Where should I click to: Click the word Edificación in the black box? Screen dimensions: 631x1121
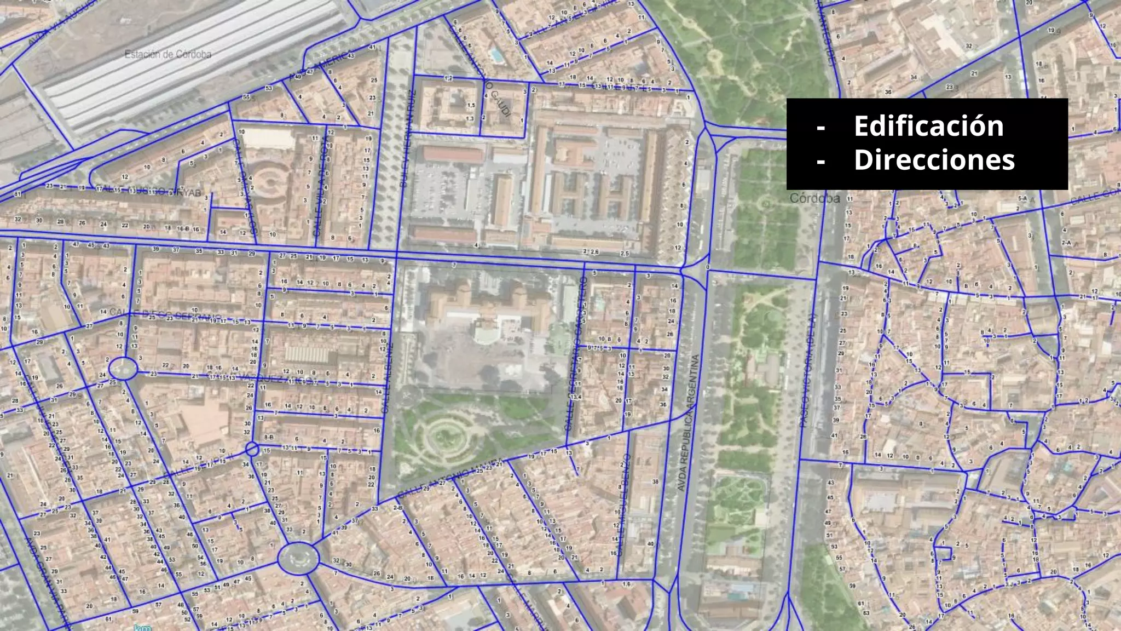click(x=928, y=126)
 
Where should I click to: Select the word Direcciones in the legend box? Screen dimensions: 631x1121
click(x=934, y=160)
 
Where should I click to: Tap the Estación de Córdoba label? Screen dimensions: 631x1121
click(x=167, y=54)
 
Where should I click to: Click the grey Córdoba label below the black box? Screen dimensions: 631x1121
click(x=814, y=198)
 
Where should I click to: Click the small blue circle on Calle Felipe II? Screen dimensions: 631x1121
click(x=252, y=449)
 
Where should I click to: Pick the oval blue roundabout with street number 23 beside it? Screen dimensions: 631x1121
click(x=123, y=368)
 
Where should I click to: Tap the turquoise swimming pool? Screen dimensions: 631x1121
click(x=496, y=55)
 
